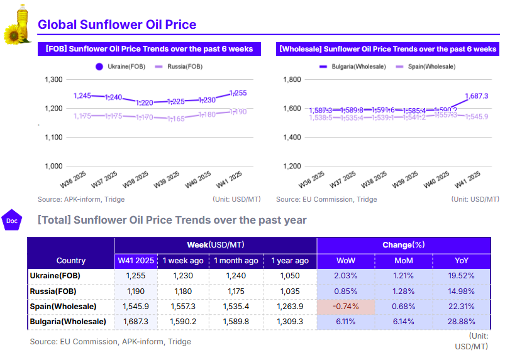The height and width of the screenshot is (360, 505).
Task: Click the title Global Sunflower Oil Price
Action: point(117,25)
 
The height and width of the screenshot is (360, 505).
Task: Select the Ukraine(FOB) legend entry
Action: point(119,66)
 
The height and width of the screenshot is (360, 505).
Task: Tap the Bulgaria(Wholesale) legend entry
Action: point(353,66)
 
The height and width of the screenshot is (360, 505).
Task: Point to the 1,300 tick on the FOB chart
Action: point(54,79)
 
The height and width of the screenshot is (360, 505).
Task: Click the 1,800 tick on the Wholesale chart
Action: point(293,79)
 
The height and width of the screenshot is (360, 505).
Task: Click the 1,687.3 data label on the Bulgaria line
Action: point(477,96)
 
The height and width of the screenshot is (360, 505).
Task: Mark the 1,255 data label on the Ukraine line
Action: point(237,93)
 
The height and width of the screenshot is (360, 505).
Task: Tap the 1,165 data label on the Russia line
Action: point(176,119)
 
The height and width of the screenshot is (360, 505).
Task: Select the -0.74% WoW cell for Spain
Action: point(346,307)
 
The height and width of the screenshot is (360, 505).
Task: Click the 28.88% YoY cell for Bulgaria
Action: point(461,322)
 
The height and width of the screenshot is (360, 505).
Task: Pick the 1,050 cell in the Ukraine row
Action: point(289,276)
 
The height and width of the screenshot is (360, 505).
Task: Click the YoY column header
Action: point(461,261)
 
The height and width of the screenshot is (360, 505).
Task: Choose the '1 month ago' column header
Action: point(236,261)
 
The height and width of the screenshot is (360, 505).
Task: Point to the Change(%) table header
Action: point(403,244)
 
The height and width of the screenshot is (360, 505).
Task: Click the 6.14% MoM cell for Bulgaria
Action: point(403,322)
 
